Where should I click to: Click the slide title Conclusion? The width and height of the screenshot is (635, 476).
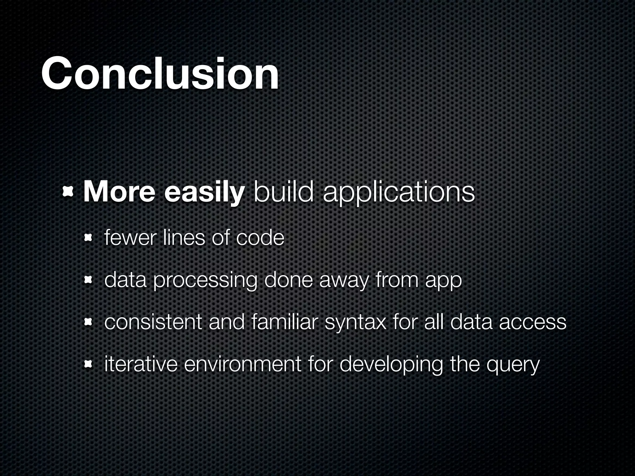[x=160, y=74]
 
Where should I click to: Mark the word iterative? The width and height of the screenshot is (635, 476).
[x=141, y=364]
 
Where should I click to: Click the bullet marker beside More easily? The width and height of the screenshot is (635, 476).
[x=68, y=192]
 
